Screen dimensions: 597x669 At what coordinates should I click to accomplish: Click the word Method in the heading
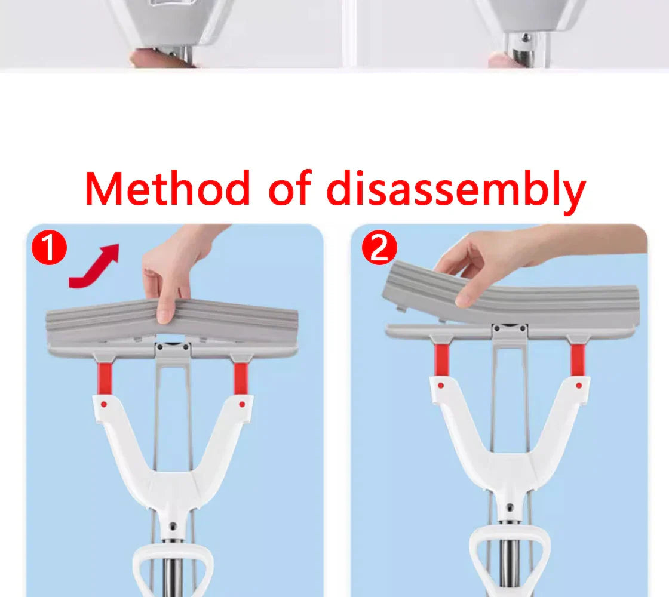pos(167,189)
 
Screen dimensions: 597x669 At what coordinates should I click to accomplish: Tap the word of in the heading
pos(289,189)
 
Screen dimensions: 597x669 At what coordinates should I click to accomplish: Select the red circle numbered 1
pos(48,249)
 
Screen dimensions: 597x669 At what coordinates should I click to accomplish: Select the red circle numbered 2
pos(379,248)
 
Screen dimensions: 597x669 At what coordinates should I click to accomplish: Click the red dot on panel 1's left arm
pos(104,404)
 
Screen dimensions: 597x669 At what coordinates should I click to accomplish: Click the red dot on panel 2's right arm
pos(578,386)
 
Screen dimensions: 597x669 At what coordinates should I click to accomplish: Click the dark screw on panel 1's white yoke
pos(173,527)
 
